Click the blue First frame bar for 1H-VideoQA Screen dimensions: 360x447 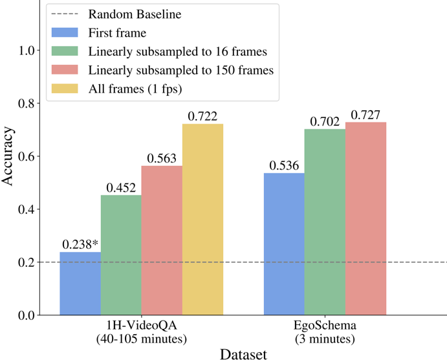tap(80, 283)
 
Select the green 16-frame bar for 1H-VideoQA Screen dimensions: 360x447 tap(121, 255)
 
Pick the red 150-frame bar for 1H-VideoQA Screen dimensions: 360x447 tap(162, 240)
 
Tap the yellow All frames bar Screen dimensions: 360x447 tap(202, 219)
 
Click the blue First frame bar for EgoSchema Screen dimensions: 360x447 tap(284, 243)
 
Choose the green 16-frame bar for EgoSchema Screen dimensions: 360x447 tap(325, 221)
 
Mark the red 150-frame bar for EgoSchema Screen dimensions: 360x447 tap(365, 218)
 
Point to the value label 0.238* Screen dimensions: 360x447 tap(80, 244)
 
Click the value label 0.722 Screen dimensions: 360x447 tap(202, 116)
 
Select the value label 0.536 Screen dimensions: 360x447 tap(284, 165)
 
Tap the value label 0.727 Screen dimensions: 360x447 tap(365, 115)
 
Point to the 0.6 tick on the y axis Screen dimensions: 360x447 tap(28, 156)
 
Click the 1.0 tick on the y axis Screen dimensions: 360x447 tap(28, 51)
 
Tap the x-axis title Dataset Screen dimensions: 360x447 tap(243, 354)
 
